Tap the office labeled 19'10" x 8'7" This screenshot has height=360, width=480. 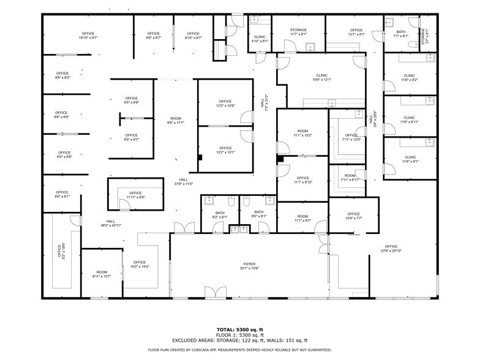pyautogui.click(x=88, y=36)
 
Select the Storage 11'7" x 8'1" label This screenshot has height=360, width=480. pyautogui.click(x=298, y=32)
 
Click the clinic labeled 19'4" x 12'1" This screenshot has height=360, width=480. pyautogui.click(x=322, y=77)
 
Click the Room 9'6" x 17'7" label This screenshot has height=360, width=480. pyautogui.click(x=176, y=120)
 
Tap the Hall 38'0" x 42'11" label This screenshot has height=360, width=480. pyautogui.click(x=111, y=223)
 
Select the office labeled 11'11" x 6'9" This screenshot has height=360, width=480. pyautogui.click(x=135, y=195)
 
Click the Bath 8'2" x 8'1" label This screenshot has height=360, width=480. pyautogui.click(x=219, y=214)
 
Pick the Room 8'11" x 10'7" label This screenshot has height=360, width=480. pyautogui.click(x=102, y=274)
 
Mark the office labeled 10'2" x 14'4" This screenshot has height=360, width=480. pyautogui.click(x=140, y=264)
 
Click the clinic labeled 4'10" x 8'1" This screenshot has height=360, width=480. pyautogui.click(x=260, y=39)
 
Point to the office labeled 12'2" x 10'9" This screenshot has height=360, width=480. pyautogui.click(x=225, y=103)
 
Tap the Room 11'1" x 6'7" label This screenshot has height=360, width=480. pyautogui.click(x=302, y=218)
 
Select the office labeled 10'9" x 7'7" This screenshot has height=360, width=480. pyautogui.click(x=353, y=216)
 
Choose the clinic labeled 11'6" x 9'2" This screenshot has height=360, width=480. pyautogui.click(x=410, y=78)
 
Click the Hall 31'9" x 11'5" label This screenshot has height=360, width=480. pyautogui.click(x=183, y=182)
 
